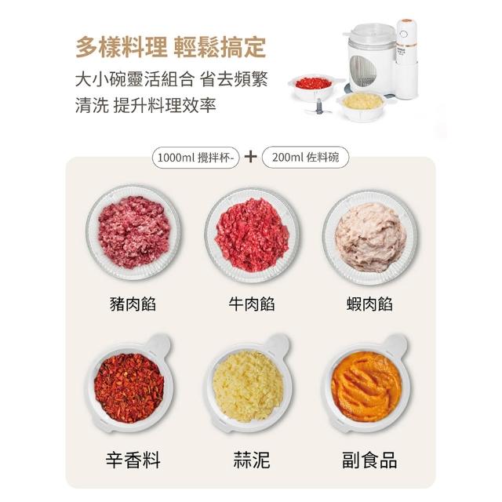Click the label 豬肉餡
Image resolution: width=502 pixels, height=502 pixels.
[133, 304]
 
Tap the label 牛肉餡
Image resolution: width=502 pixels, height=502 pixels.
[252, 304]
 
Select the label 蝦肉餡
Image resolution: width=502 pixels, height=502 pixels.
[369, 304]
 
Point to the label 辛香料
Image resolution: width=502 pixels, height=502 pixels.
[133, 460]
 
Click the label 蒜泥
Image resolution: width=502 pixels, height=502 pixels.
[252, 460]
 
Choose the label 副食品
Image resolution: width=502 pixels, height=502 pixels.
[369, 460]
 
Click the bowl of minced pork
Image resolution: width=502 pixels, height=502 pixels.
[133, 233]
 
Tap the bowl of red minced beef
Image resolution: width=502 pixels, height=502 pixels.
[253, 235]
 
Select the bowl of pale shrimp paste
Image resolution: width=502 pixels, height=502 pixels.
[370, 237]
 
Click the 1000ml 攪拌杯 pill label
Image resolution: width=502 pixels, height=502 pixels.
[196, 157]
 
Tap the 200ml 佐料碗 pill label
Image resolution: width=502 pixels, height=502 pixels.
[305, 157]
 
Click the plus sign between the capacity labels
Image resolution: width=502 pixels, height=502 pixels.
[251, 157]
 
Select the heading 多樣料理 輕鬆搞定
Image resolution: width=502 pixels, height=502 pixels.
[171, 47]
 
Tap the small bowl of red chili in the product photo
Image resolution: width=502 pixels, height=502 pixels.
[314, 87]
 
